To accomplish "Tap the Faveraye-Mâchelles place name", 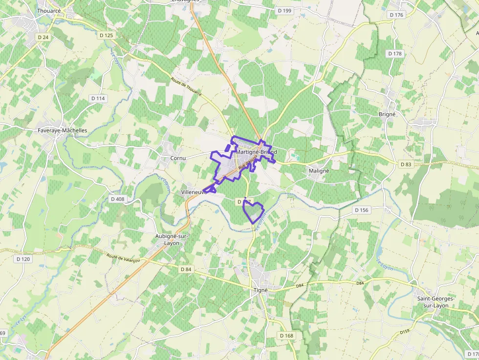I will point(62,130).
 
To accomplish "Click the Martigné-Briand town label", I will point(256,152).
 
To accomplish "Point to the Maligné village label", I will point(319,171).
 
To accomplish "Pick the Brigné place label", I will point(387,114).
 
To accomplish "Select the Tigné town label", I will point(261,290).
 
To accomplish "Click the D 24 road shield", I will point(43,37).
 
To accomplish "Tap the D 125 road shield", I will point(106,35).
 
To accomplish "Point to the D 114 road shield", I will point(98,98).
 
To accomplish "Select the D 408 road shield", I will point(118,199).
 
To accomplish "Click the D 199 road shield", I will point(284,11).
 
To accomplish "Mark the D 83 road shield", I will point(406,165).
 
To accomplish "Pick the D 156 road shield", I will point(361,210).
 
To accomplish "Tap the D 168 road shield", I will point(287,336).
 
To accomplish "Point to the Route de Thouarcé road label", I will point(186,86).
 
